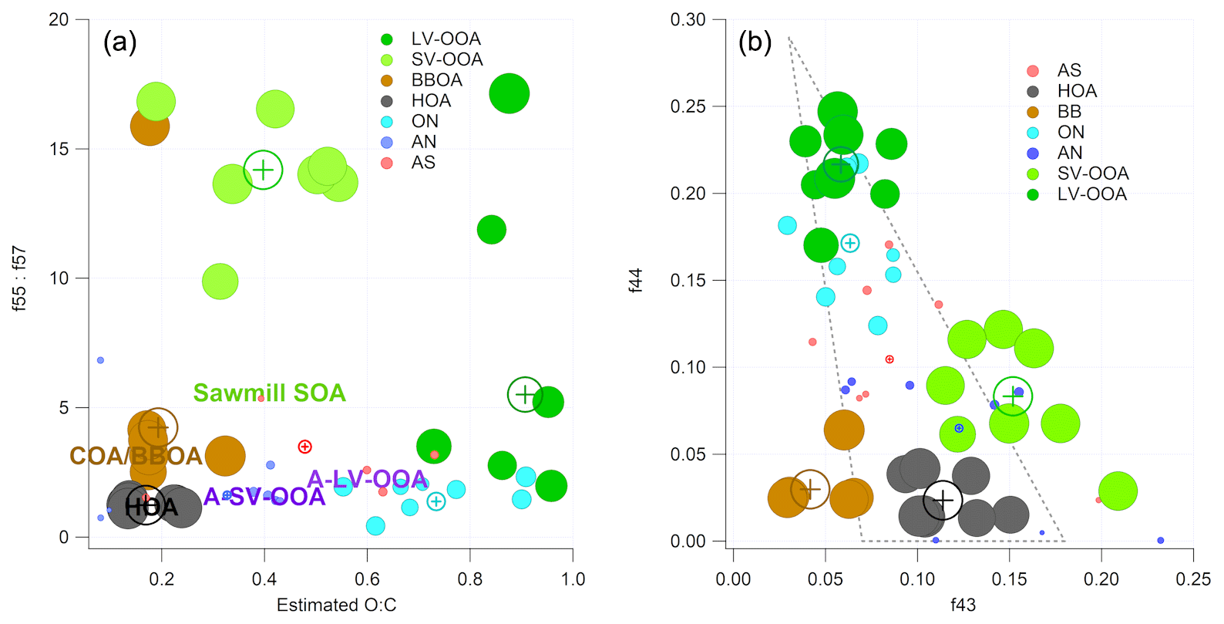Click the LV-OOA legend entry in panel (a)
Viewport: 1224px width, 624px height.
(445, 39)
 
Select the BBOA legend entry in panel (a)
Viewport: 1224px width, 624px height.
(436, 80)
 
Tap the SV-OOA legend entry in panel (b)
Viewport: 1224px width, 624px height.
(1092, 174)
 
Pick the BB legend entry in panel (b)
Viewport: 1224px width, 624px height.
(1069, 112)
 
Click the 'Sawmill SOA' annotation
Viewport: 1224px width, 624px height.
(269, 393)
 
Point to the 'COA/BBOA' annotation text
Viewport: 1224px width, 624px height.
(136, 456)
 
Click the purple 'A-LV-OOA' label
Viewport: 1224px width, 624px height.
(367, 479)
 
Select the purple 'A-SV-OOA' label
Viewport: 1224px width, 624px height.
(264, 497)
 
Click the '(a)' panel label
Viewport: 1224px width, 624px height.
(119, 42)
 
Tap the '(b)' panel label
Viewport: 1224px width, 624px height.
(755, 42)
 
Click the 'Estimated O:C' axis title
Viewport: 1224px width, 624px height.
(336, 605)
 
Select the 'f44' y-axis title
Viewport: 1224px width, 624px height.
(635, 280)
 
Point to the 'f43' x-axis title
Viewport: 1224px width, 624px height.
(963, 605)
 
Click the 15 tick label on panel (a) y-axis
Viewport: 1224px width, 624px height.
(59, 149)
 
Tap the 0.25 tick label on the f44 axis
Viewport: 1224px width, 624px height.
(688, 106)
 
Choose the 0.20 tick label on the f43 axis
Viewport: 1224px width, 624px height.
(1101, 578)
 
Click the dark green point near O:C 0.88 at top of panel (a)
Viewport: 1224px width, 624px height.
(509, 94)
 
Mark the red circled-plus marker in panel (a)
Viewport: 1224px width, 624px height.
(304, 447)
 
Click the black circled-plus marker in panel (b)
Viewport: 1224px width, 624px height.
(942, 500)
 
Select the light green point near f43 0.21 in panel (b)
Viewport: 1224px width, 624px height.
(1118, 491)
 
